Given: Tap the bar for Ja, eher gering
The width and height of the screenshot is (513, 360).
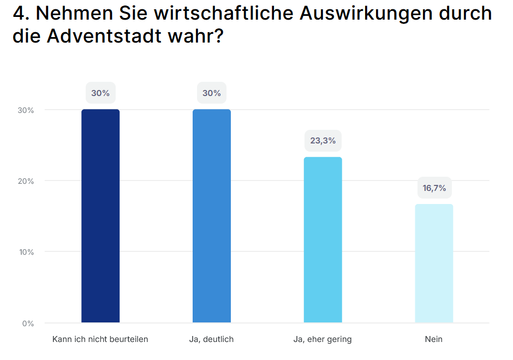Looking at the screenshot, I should tap(323, 240).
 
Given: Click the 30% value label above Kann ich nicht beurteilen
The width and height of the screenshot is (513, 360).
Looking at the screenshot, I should tap(100, 93).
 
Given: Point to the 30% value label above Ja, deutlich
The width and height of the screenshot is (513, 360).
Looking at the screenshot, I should tap(212, 93).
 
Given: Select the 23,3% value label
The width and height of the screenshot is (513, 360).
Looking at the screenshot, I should tap(323, 141).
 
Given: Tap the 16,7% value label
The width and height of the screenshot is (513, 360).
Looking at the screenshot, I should tap(434, 188).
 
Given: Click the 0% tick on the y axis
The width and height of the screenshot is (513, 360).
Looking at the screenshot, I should tap(28, 323).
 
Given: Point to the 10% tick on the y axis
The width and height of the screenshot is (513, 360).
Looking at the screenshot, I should tap(26, 252).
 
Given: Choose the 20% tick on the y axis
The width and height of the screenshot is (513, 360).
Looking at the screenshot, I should tap(26, 181).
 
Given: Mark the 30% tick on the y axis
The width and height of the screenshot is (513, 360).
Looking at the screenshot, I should tap(26, 110).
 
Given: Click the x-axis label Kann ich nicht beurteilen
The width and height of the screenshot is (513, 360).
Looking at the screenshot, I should tap(100, 339).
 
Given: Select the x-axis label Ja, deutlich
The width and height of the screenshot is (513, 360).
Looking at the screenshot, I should tap(212, 339).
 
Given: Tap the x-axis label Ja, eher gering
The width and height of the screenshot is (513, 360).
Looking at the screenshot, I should tap(323, 339).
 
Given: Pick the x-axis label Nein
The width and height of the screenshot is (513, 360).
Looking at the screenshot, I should tap(434, 339).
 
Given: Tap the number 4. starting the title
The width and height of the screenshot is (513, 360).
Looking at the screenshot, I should tap(21, 14).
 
